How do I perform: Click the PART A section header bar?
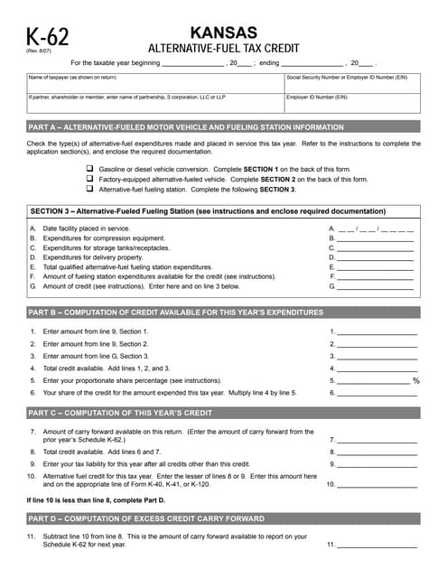pos(223,127)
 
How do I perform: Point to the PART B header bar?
pos(223,312)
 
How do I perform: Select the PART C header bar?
pos(223,413)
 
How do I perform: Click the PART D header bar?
pos(223,519)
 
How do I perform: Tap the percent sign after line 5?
pos(416,381)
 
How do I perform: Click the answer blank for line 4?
pos(377,368)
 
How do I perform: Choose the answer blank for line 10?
pos(377,484)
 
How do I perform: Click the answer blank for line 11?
pos(377,545)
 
